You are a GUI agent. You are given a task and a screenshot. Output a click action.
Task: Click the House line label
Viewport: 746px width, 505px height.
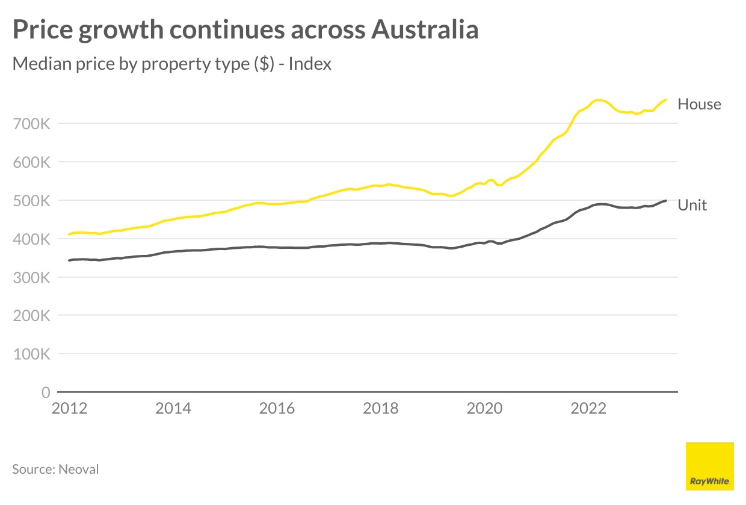coord(699,104)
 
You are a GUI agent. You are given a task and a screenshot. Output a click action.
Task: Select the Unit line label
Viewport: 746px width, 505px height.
coord(692,205)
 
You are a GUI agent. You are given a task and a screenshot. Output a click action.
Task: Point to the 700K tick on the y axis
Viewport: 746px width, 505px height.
coord(31,124)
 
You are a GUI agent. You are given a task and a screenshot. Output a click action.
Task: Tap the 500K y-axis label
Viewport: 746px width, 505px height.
coord(31,201)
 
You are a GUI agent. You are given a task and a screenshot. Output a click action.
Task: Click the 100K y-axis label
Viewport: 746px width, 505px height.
coord(31,354)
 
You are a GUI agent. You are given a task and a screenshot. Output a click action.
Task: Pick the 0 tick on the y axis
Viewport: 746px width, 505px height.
coord(45,393)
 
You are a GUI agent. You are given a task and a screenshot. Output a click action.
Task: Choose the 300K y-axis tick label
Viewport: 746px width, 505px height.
coord(31,278)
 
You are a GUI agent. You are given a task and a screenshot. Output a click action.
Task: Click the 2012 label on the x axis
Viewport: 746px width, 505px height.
coord(70,409)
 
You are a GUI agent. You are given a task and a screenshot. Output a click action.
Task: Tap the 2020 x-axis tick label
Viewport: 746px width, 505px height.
coord(484,409)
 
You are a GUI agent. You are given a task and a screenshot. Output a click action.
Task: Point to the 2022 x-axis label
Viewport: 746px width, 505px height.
coord(588,409)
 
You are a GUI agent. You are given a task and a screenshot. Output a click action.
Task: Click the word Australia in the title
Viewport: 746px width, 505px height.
coord(424,30)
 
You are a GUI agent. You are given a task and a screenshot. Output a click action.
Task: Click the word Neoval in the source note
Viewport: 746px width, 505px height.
coord(79,469)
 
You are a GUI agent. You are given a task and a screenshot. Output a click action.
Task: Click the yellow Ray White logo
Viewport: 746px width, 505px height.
coord(709,466)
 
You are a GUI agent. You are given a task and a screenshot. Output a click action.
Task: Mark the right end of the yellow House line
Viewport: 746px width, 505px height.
coord(666,100)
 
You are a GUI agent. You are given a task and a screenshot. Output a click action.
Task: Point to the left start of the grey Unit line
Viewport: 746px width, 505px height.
coord(69,260)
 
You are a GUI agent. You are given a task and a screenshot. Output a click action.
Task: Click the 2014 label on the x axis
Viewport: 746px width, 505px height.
coord(173,409)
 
